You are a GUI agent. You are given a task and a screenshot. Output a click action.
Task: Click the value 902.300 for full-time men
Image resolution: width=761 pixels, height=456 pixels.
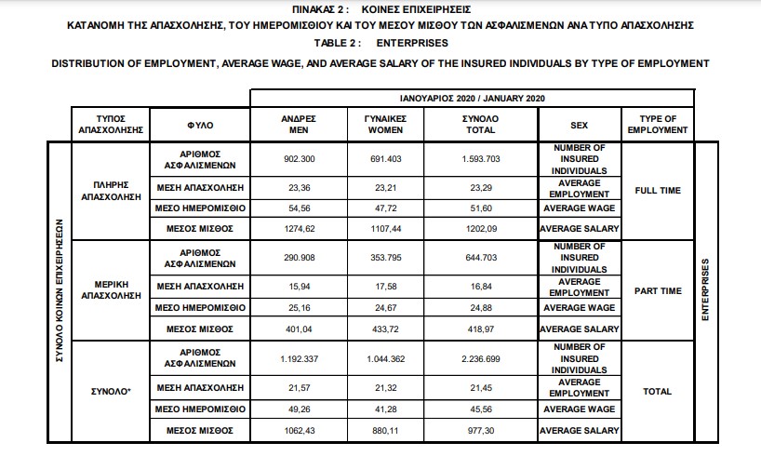pyautogui.click(x=300, y=158)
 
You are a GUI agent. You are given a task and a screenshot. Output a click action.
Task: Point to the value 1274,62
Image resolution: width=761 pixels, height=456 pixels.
pyautogui.click(x=300, y=227)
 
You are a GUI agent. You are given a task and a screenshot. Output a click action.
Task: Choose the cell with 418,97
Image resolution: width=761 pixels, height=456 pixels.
pyautogui.click(x=480, y=329)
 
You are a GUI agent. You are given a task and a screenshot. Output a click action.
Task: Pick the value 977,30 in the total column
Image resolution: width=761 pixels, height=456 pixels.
pyautogui.click(x=480, y=430)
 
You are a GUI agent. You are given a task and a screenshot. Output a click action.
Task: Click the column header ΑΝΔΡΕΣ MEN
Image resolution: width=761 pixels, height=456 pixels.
pyautogui.click(x=300, y=125)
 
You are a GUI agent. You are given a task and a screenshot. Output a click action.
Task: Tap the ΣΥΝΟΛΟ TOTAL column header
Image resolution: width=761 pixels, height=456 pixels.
pyautogui.click(x=480, y=125)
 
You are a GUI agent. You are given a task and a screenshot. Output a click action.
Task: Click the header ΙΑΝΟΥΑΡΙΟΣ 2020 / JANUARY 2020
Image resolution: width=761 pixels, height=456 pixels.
pyautogui.click(x=472, y=98)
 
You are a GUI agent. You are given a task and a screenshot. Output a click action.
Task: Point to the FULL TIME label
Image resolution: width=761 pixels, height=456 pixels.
pyautogui.click(x=658, y=191)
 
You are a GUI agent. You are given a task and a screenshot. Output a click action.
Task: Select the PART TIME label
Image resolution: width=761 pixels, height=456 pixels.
pyautogui.click(x=658, y=291)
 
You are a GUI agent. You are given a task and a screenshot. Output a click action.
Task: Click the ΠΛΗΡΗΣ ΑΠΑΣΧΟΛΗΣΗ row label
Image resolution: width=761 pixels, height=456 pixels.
pyautogui.click(x=111, y=191)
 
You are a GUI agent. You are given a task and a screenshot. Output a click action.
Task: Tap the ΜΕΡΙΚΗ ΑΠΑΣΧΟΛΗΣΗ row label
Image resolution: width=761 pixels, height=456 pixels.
pyautogui.click(x=111, y=291)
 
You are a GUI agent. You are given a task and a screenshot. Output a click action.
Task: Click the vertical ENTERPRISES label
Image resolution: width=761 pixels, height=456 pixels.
pyautogui.click(x=705, y=291)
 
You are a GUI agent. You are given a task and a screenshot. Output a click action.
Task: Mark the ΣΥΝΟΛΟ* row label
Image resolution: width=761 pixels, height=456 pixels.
pyautogui.click(x=111, y=392)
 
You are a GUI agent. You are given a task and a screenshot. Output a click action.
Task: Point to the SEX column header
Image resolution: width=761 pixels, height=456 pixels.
pyautogui.click(x=580, y=125)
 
